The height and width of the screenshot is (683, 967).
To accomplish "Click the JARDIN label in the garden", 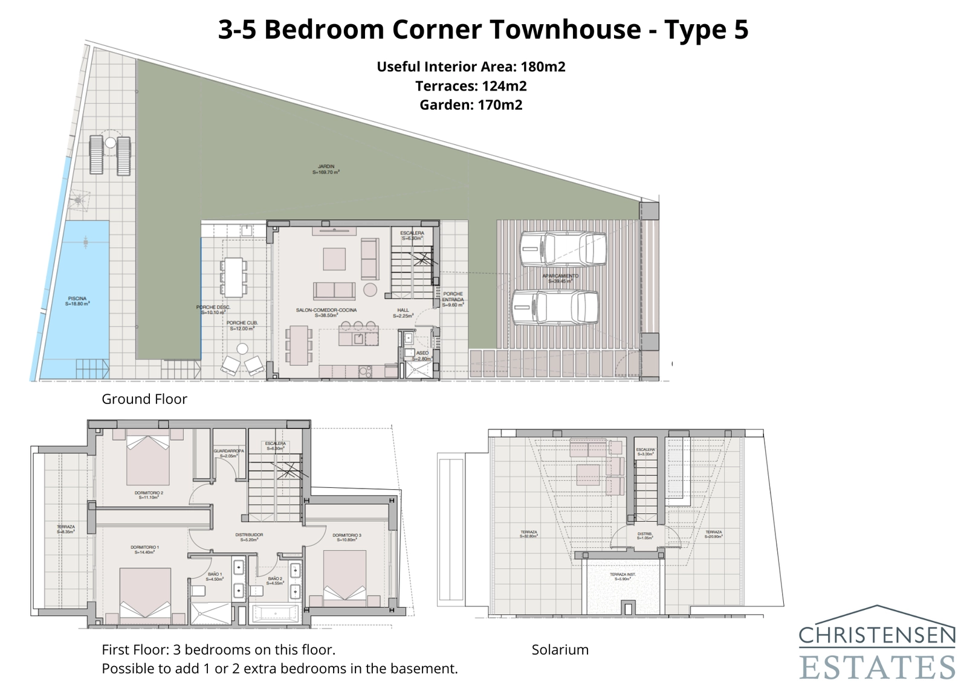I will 326,168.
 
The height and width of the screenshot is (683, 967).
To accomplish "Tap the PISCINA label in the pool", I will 77,301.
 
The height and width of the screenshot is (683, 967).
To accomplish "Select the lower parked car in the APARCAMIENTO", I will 555,307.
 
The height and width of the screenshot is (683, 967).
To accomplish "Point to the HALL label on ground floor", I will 403,312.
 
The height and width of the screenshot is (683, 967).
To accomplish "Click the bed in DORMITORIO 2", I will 148,460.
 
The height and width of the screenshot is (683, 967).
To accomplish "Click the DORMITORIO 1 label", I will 145,549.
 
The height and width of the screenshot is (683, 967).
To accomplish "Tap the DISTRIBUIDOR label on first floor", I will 249,536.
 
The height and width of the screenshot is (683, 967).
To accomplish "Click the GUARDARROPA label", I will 228,453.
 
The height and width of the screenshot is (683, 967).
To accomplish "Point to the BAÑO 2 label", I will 274,580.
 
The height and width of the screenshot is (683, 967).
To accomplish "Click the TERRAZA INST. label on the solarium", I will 623,576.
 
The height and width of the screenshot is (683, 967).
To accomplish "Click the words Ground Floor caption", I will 144,399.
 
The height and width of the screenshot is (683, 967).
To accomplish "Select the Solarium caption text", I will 560,650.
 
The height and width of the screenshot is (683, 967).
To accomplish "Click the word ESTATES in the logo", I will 878,667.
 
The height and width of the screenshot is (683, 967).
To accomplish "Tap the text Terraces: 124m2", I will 471,86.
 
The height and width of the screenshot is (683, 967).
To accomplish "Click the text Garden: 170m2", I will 471,105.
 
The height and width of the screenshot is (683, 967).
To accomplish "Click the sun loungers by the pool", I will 110,155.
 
